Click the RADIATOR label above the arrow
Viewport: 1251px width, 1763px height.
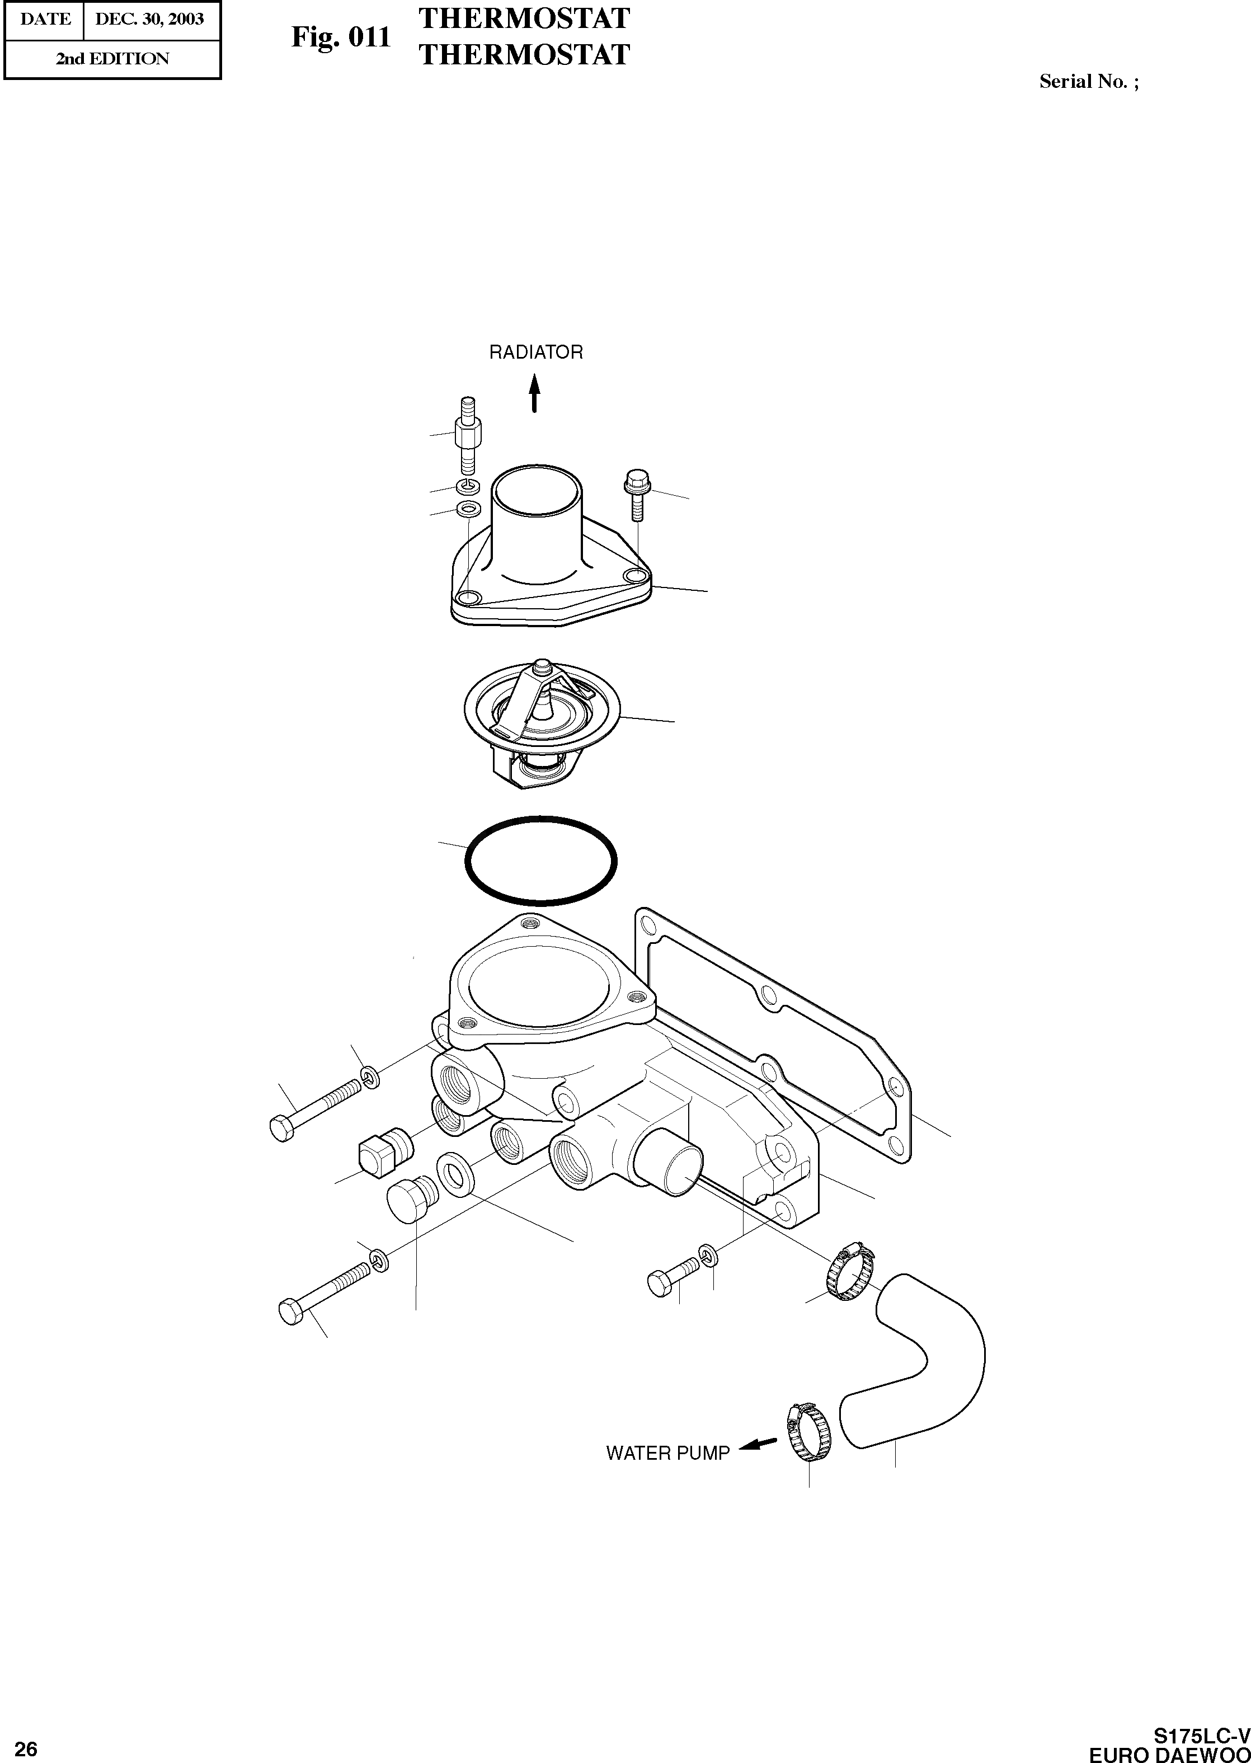pyautogui.click(x=536, y=352)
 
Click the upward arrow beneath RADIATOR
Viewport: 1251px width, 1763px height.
pyautogui.click(x=534, y=392)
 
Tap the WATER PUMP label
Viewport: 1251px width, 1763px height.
pyautogui.click(x=667, y=1454)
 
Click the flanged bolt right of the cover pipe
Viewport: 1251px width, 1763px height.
pyautogui.click(x=636, y=493)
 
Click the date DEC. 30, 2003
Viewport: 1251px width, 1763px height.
pyautogui.click(x=149, y=19)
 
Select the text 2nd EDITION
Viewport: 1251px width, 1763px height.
pyautogui.click(x=112, y=59)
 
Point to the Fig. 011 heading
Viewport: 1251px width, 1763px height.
pyautogui.click(x=341, y=37)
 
